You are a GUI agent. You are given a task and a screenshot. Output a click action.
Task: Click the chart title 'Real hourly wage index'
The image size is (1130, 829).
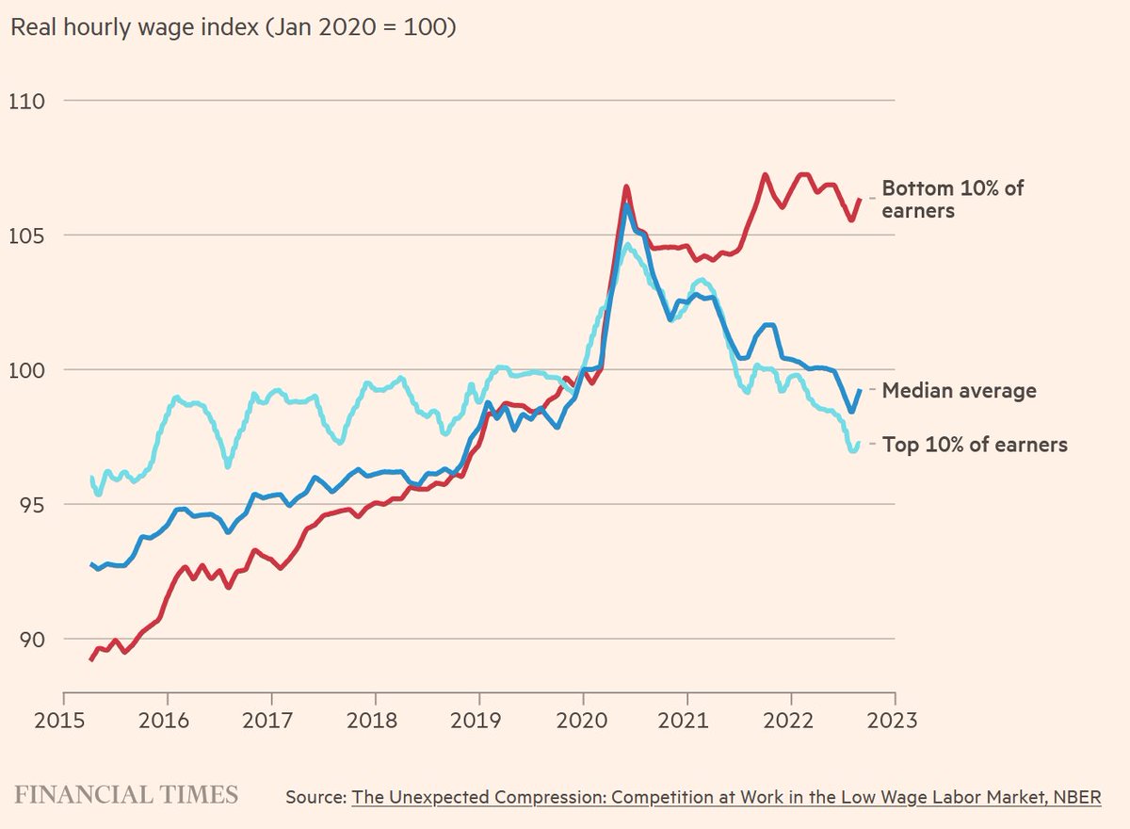coord(134,27)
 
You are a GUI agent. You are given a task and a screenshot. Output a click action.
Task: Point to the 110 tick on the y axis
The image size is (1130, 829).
coord(26,102)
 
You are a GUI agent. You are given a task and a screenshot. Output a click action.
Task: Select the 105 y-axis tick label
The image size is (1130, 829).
coord(26,236)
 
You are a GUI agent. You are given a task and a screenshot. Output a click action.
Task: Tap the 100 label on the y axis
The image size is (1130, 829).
coord(26,370)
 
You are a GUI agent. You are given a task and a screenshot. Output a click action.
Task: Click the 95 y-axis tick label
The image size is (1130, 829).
coord(32,505)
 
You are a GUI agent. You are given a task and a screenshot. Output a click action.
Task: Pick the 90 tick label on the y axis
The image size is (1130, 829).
coord(32,640)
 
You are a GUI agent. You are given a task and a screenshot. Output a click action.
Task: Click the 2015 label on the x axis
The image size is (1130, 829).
coord(59,721)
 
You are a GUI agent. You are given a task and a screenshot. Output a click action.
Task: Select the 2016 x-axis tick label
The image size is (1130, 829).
coord(164,721)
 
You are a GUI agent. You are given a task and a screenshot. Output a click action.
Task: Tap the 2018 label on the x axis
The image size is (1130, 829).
coord(372,721)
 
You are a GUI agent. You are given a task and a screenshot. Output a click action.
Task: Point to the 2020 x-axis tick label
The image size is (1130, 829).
coord(582,721)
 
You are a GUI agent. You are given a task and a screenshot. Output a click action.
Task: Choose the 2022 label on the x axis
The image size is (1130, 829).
coord(788,721)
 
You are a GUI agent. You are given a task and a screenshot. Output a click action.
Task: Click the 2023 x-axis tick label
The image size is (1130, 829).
coord(892,721)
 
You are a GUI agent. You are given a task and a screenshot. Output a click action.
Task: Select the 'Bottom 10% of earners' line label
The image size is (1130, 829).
coord(952,200)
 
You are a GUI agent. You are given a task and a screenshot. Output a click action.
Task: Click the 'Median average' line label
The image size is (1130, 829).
coord(959,391)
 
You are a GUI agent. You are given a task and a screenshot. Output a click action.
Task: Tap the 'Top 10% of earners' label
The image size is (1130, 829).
coord(975,445)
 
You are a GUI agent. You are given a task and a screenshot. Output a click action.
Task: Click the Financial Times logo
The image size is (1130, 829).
coord(126,795)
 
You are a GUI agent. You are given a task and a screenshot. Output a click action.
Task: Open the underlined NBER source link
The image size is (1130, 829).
coord(726,797)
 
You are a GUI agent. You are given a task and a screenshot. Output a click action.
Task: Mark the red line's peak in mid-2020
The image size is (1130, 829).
coord(626,187)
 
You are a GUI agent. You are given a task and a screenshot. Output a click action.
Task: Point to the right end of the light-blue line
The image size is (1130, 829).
coord(858,443)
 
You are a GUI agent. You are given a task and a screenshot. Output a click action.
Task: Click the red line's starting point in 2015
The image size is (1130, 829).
coord(90,659)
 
